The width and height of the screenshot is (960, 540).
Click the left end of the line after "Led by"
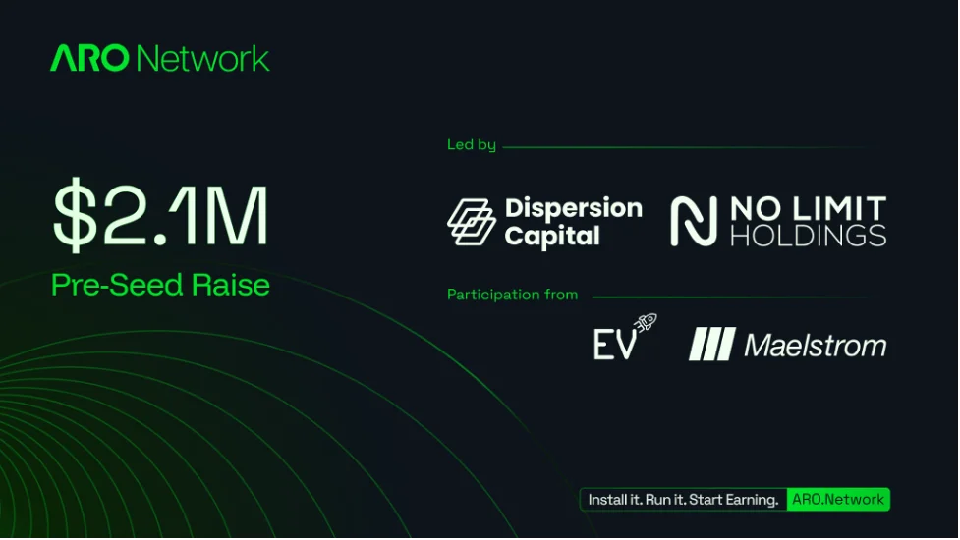[503, 147]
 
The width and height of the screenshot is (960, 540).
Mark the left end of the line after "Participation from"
[593, 297]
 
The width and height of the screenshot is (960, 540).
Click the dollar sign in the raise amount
[76, 215]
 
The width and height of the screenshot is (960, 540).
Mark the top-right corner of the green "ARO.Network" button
[889, 488]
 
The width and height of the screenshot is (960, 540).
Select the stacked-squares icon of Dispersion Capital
[472, 222]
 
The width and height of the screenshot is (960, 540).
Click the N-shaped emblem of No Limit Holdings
[694, 221]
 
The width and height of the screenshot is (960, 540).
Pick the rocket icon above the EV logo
[646, 322]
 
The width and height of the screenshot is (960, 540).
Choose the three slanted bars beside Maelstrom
[712, 344]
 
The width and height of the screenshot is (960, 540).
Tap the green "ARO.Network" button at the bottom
[838, 500]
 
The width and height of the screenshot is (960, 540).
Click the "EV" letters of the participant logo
[615, 345]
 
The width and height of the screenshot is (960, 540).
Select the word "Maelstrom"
[815, 346]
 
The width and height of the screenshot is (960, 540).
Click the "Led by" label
[472, 145]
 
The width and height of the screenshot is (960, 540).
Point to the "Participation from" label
[513, 295]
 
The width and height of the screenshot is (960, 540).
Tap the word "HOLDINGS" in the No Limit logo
[808, 236]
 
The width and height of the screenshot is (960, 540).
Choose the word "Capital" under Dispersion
[552, 237]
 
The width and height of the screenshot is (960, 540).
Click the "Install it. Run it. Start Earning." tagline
[683, 500]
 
